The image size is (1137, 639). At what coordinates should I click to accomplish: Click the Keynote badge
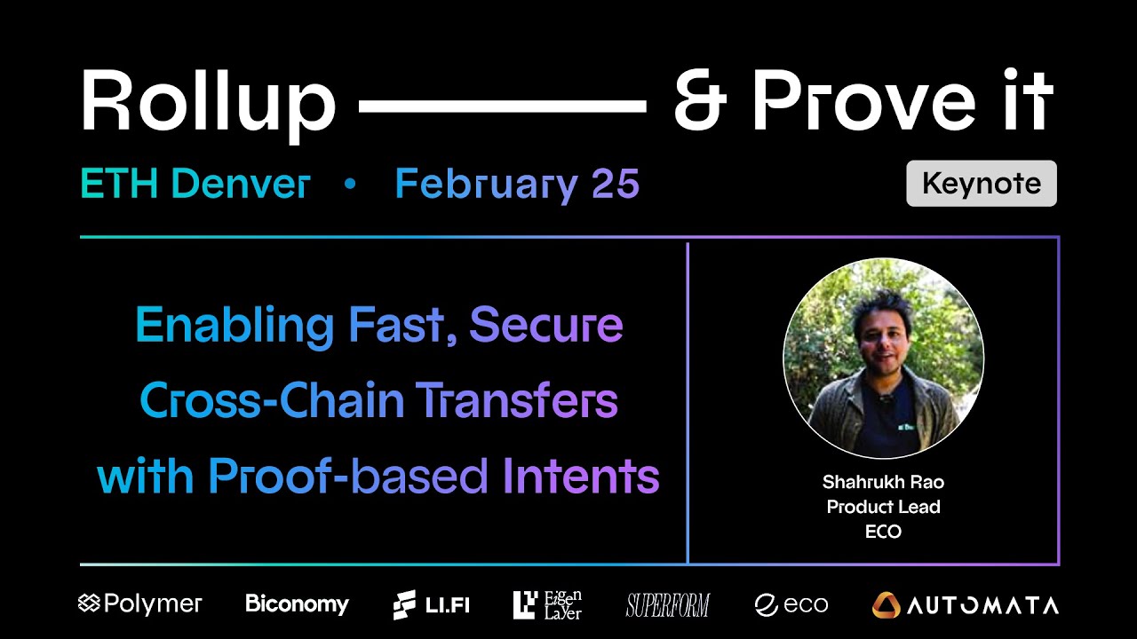click(982, 184)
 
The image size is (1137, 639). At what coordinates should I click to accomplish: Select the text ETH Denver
click(195, 185)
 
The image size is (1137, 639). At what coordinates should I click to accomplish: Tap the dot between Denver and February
click(349, 185)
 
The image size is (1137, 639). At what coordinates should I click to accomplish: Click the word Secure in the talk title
click(545, 325)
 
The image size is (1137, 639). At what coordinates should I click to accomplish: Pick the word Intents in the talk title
click(581, 477)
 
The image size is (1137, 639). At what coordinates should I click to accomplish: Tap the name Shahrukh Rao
click(883, 482)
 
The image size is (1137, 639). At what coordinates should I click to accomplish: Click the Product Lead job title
click(883, 507)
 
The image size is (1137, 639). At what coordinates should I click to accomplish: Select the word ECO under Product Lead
click(883, 532)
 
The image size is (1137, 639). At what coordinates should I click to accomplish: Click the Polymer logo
click(140, 604)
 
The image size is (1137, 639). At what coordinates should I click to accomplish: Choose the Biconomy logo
click(297, 604)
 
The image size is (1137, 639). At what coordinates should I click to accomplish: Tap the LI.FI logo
click(432, 605)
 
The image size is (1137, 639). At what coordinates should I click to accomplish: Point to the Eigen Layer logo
click(547, 604)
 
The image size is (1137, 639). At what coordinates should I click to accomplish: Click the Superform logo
click(668, 605)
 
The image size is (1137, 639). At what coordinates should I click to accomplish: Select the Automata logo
click(966, 605)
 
